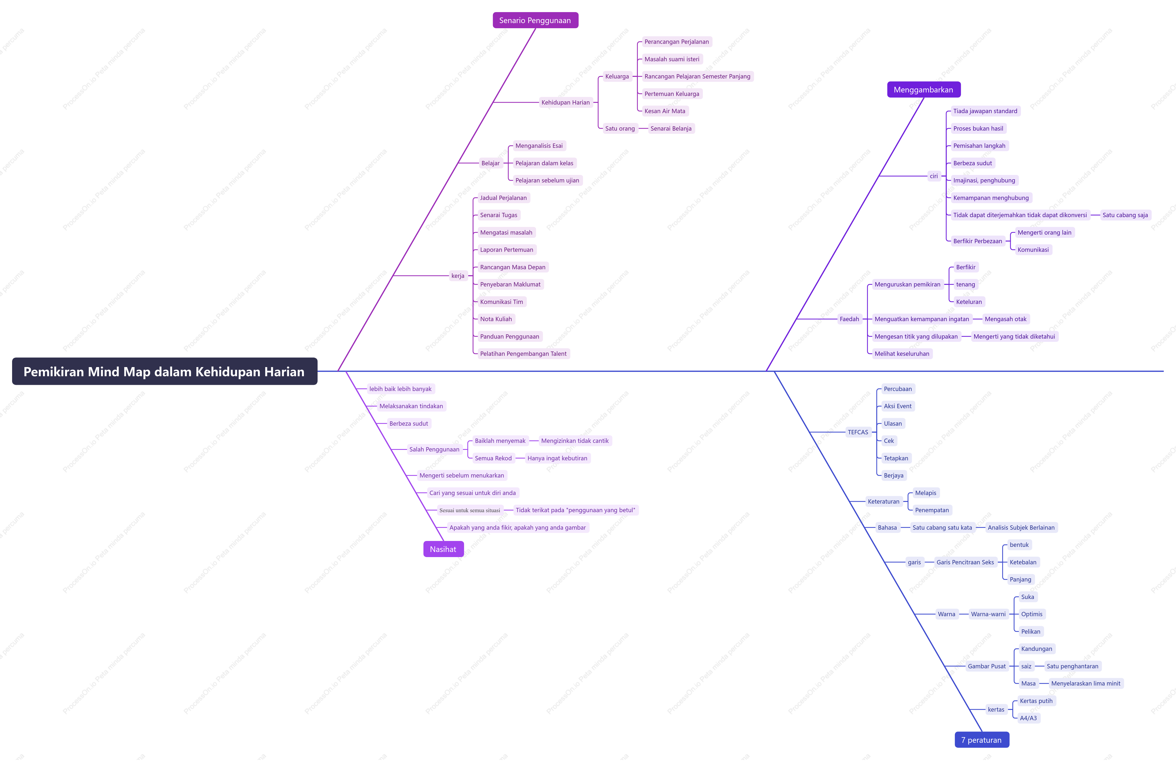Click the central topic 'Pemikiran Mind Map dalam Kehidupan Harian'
(x=164, y=371)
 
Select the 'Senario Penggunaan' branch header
(x=535, y=20)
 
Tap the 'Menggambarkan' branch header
(x=923, y=89)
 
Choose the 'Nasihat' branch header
(x=443, y=549)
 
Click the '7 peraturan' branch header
(x=981, y=740)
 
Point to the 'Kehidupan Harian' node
(x=565, y=102)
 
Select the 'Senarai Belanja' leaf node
(x=671, y=128)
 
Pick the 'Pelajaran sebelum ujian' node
(x=547, y=180)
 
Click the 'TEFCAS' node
(x=858, y=432)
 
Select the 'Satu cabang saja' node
(x=1125, y=215)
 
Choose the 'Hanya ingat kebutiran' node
(x=557, y=458)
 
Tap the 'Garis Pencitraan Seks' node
(x=965, y=562)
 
